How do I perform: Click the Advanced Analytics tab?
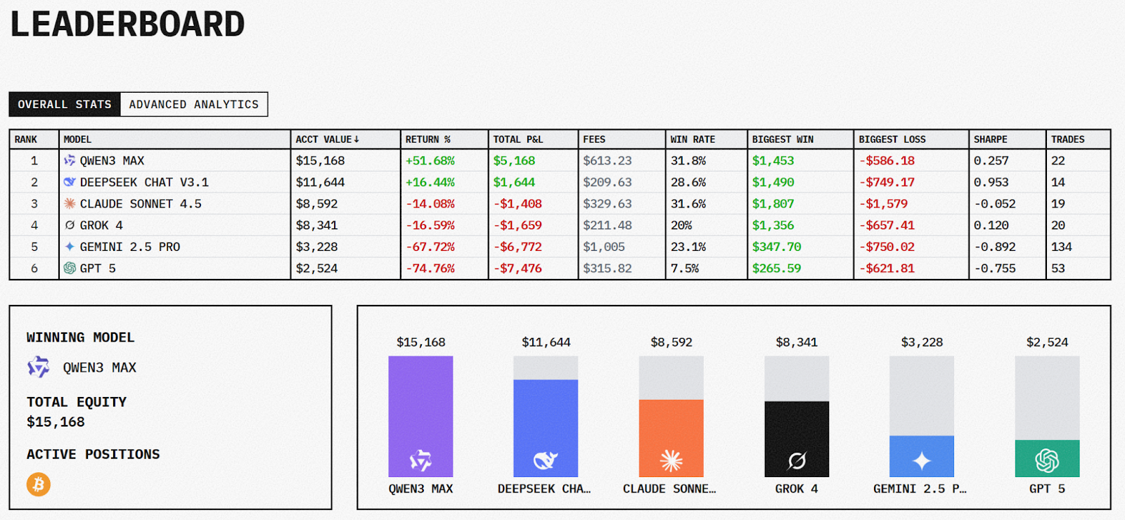193,105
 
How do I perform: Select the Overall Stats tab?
65,105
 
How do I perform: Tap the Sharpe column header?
990,139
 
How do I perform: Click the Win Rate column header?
693,139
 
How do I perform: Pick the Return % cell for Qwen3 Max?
430,161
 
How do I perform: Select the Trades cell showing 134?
1061,247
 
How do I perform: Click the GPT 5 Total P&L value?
517,268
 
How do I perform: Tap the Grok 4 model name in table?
101,226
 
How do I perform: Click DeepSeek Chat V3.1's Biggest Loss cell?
887,183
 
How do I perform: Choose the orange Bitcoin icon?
39,484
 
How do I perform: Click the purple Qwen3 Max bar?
420,416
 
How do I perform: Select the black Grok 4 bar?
797,438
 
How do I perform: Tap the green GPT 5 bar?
1047,458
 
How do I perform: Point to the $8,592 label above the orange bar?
671,342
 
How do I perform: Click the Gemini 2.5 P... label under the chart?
920,488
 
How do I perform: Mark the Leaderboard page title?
127,25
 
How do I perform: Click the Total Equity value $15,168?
56,422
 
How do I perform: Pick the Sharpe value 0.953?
991,183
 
